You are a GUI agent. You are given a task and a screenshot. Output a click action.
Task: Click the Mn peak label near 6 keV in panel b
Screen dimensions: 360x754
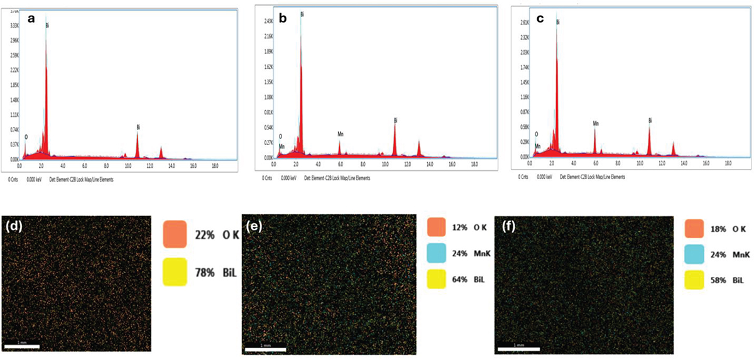tap(341, 134)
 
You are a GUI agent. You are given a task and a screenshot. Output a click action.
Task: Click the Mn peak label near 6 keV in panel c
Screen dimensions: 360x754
tap(595, 124)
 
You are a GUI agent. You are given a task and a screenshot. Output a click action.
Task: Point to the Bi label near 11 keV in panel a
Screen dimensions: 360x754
tap(138, 127)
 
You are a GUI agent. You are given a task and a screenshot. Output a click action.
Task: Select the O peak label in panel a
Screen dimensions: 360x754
tap(26, 136)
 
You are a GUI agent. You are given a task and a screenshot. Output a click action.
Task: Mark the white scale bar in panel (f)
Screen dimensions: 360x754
tap(518, 347)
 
